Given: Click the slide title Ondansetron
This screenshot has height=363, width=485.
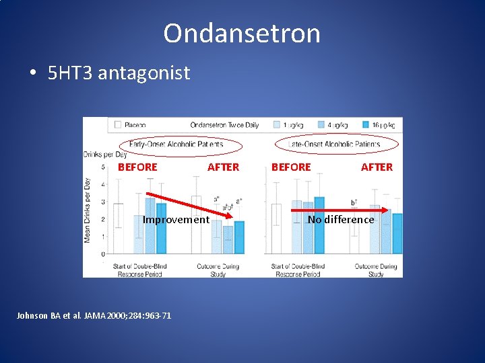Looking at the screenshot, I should pyautogui.click(x=242, y=33).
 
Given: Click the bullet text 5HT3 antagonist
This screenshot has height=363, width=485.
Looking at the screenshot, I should pyautogui.click(x=119, y=73).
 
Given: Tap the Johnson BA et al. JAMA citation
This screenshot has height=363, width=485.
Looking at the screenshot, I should pyautogui.click(x=94, y=315).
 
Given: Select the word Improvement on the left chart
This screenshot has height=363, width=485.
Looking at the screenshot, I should pyautogui.click(x=176, y=220).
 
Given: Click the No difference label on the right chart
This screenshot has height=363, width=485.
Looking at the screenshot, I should pyautogui.click(x=340, y=220).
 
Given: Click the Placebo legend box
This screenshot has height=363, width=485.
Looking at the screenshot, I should pyautogui.click(x=118, y=125).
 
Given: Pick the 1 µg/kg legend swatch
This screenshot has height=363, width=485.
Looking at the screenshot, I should pyautogui.click(x=277, y=125).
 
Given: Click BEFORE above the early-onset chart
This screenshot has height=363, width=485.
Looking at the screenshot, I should pyautogui.click(x=137, y=167).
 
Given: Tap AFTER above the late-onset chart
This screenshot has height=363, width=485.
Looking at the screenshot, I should pyautogui.click(x=377, y=167).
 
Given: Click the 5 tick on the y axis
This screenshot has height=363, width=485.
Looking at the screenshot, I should pyautogui.click(x=102, y=167).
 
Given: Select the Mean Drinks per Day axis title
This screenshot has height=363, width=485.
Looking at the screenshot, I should pyautogui.click(x=88, y=210).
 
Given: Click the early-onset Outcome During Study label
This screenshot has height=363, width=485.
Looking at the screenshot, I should pyautogui.click(x=219, y=270).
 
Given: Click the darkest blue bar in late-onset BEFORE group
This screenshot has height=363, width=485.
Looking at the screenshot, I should pyautogui.click(x=319, y=225).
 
